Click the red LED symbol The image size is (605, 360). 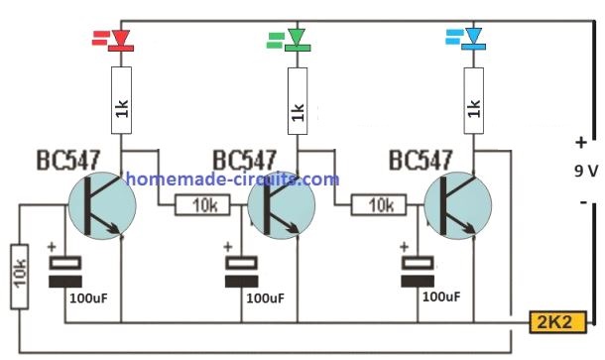121,40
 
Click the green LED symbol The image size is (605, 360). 295,40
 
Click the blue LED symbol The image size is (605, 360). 472,40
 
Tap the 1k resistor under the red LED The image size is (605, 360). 121,102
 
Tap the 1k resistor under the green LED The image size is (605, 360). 295,102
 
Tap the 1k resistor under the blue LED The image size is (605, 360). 472,102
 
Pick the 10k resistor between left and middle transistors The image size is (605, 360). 203,206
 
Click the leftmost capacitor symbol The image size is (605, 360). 66,271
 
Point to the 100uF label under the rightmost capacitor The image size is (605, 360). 441,297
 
